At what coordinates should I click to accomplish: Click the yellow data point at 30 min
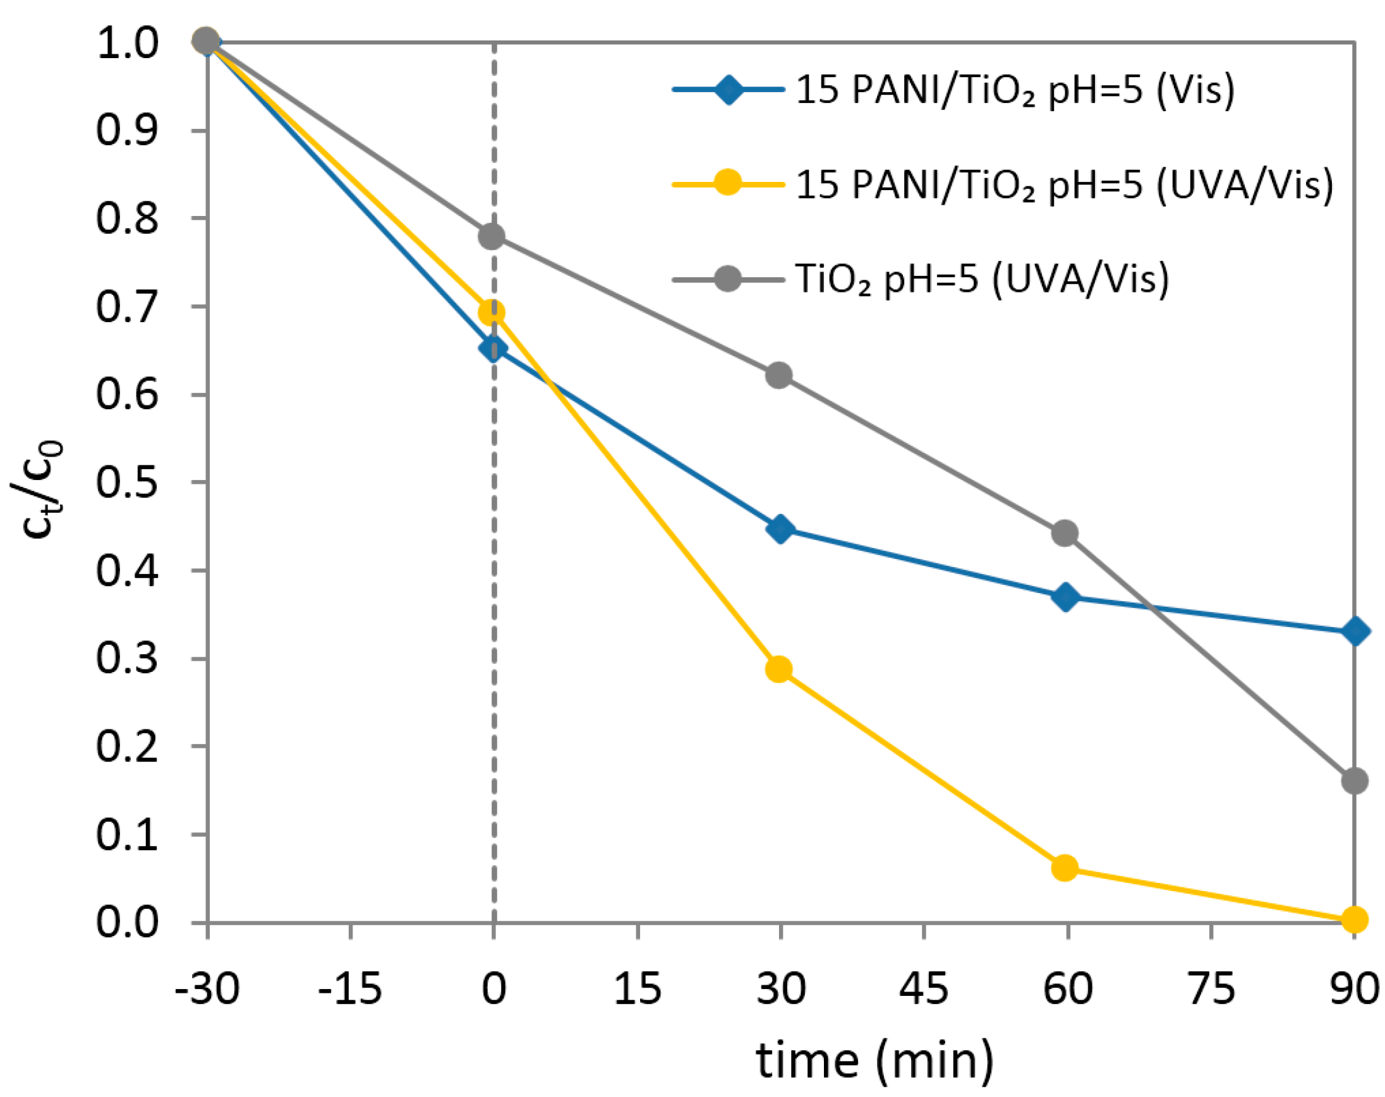[x=778, y=670]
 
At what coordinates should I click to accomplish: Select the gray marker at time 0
[x=492, y=236]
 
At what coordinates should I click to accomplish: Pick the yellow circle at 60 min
[x=1065, y=868]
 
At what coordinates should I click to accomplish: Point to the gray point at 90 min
[x=1354, y=781]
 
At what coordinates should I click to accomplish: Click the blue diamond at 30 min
[x=780, y=529]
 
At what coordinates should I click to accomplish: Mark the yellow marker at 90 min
[x=1354, y=920]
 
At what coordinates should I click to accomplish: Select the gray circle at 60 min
[x=1065, y=533]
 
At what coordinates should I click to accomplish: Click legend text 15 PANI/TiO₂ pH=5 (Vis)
[x=1014, y=90]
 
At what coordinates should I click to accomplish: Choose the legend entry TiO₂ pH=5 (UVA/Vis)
[x=982, y=279]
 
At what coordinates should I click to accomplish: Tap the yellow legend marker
[x=728, y=184]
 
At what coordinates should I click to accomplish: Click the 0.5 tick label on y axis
[x=126, y=483]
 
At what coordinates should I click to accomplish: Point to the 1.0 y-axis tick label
[x=126, y=44]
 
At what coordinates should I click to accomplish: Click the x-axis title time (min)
[x=874, y=1060]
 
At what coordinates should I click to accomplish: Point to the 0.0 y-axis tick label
[x=126, y=922]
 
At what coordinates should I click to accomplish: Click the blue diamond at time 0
[x=493, y=349]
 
